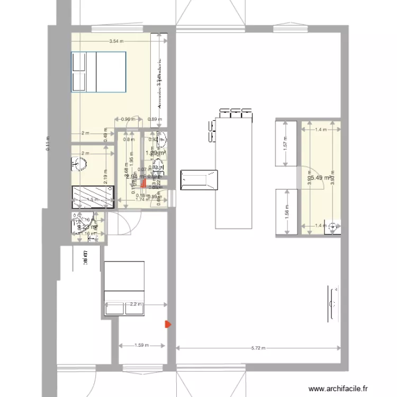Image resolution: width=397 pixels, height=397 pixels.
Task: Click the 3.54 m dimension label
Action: (115, 41)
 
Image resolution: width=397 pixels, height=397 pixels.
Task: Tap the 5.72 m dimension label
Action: (258, 348)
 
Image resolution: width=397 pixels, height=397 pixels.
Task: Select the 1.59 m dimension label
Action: (142, 346)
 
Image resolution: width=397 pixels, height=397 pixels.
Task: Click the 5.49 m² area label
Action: (320, 178)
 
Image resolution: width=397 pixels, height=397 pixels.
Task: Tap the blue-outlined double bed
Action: (98, 71)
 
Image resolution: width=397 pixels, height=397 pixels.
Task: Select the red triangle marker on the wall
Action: (168, 324)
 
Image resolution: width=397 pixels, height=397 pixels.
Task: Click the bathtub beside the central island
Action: (199, 179)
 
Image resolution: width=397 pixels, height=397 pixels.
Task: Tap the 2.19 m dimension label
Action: (106, 175)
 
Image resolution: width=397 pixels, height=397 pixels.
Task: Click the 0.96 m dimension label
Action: (129, 119)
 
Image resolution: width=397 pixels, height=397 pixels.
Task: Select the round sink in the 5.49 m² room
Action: (332, 227)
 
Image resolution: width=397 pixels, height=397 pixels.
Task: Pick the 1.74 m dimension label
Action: (140, 200)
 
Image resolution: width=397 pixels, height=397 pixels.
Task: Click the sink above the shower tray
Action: (79, 164)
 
